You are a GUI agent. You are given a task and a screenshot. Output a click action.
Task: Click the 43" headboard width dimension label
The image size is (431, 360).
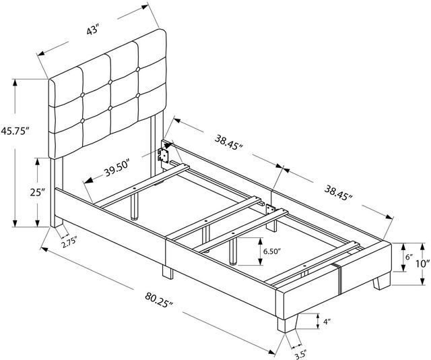(92, 30)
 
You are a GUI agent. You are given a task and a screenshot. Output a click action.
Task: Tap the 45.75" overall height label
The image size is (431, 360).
(15, 131)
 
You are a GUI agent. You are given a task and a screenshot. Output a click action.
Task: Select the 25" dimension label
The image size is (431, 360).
(38, 192)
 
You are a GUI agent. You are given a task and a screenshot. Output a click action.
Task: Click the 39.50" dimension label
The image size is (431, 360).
(117, 169)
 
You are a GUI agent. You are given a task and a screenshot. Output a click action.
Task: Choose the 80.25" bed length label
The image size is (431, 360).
(160, 300)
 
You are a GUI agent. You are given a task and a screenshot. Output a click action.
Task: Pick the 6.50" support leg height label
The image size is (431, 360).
(272, 251)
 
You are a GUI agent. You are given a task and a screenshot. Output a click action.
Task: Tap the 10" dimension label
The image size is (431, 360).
(422, 264)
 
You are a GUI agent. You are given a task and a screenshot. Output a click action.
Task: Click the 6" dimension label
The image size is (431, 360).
(409, 258)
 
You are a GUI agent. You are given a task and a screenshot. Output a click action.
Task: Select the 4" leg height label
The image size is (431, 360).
(327, 322)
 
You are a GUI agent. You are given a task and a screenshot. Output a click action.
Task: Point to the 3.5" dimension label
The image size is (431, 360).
(300, 355)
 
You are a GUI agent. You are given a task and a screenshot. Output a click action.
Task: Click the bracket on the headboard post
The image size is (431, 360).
(163, 156)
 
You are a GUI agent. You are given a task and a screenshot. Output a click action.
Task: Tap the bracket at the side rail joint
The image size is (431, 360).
(269, 210)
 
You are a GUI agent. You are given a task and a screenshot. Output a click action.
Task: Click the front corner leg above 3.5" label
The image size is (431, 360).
(288, 324)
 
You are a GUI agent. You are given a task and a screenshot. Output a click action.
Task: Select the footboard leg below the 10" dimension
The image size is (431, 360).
(382, 281)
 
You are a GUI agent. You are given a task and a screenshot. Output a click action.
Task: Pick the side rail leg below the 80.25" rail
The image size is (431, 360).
(168, 272)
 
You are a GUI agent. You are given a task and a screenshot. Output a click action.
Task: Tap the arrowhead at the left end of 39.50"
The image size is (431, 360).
(88, 181)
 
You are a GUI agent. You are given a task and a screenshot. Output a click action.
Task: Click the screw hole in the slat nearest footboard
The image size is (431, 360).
(304, 266)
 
